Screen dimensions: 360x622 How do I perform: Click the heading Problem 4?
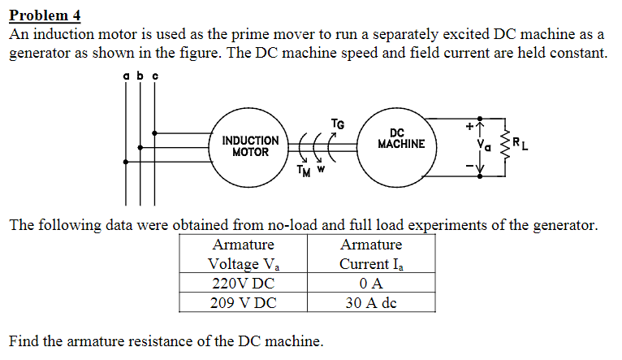(x=45, y=15)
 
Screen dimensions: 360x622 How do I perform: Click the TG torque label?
(x=337, y=124)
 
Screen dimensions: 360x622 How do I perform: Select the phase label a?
(x=126, y=76)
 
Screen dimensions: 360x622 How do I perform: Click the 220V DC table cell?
(x=243, y=284)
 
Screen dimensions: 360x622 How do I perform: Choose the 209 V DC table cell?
(x=243, y=303)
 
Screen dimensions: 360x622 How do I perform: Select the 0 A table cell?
(x=371, y=284)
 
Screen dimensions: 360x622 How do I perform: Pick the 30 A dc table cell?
(x=371, y=303)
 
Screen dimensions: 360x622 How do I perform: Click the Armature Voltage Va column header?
(x=243, y=254)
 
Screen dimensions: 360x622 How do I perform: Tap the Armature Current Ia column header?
(x=371, y=254)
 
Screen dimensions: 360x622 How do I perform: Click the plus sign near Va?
(x=469, y=127)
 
